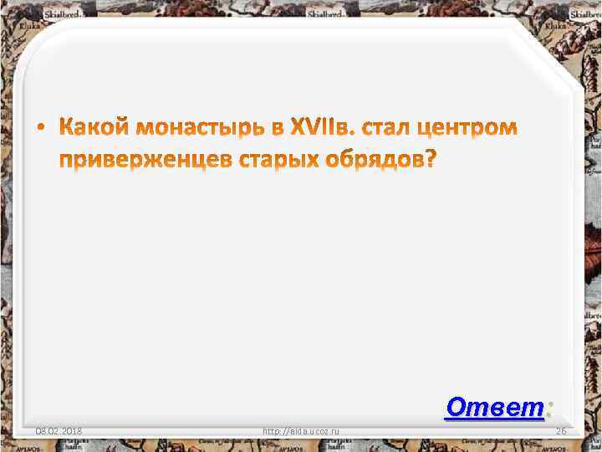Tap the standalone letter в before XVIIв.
pos(276,129)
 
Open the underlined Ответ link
pos(494,407)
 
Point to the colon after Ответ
pos(548,408)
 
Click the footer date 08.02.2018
pos(58,431)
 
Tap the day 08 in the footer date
pos(40,431)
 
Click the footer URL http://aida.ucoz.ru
pos(300,431)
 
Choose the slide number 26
pos(561,431)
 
